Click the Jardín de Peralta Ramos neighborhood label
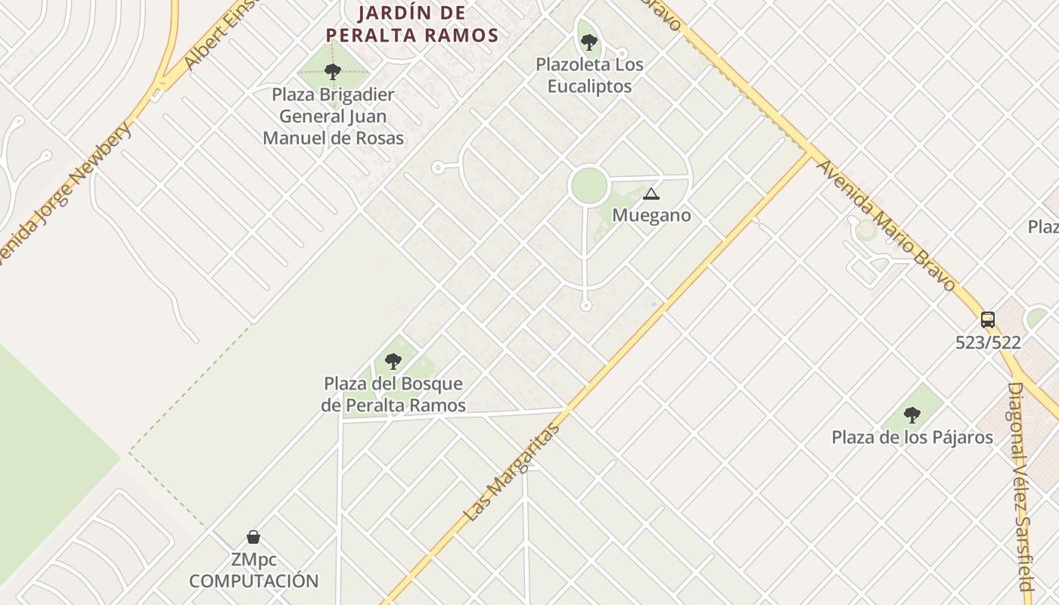[411, 24]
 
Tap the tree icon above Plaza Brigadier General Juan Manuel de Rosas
[332, 72]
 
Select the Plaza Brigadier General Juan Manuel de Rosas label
[333, 116]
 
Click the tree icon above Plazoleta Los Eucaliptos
[589, 42]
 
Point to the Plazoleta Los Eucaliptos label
[589, 75]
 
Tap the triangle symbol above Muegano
[651, 194]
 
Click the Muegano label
[651, 216]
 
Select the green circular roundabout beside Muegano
[589, 186]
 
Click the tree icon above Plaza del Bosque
[393, 361]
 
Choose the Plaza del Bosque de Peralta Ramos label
[393, 395]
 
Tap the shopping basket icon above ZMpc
[253, 537]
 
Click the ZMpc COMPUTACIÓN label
[253, 571]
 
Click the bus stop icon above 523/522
[988, 319]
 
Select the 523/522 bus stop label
[988, 343]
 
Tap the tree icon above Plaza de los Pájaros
[912, 414]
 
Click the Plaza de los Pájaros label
[912, 437]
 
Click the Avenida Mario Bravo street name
[887, 225]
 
